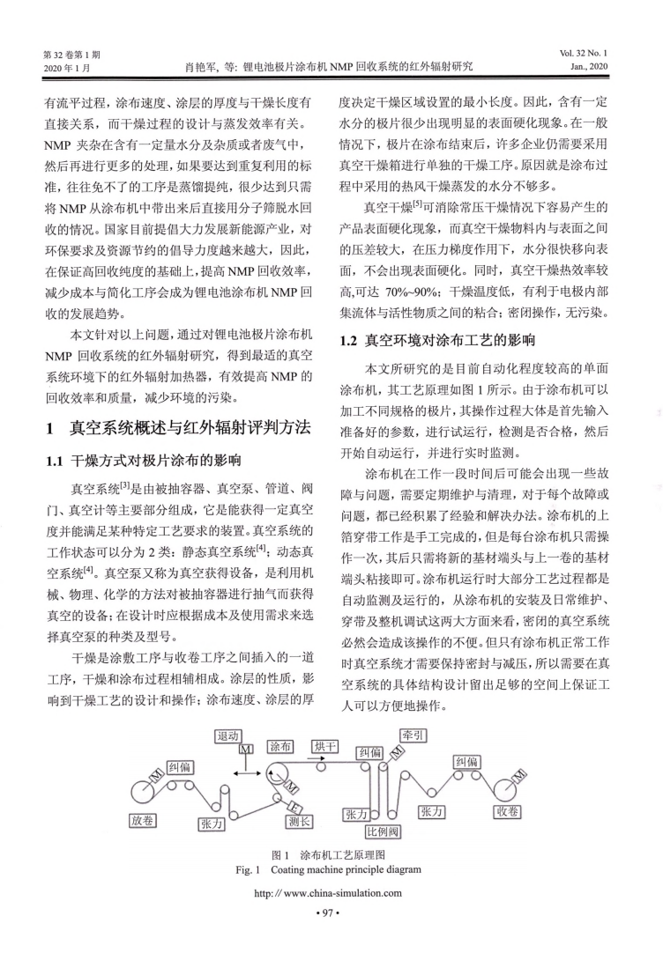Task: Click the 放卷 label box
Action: click(x=144, y=819)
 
